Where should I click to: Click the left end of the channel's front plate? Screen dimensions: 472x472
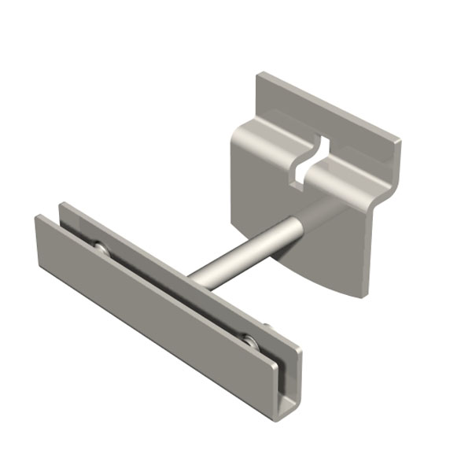[38, 236]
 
